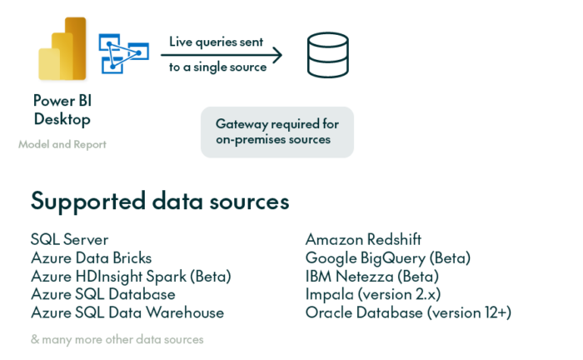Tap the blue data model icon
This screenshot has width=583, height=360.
(122, 52)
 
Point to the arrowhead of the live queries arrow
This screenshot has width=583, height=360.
(278, 55)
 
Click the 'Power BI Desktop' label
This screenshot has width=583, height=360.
(62, 109)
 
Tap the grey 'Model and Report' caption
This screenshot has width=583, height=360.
(62, 144)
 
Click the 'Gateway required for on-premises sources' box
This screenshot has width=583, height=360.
(277, 132)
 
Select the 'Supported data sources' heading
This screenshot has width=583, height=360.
(160, 201)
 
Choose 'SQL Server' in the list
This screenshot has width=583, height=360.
(69, 240)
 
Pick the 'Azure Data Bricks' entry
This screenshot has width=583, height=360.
(92, 258)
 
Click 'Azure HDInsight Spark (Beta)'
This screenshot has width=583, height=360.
(131, 277)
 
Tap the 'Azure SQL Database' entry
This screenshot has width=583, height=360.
(103, 295)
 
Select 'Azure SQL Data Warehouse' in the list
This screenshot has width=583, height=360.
(127, 313)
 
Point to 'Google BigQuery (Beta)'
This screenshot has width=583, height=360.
(388, 258)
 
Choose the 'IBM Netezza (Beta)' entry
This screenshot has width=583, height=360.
(371, 277)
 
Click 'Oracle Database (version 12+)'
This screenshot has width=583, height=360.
(408, 313)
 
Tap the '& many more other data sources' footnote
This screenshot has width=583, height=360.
(117, 339)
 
